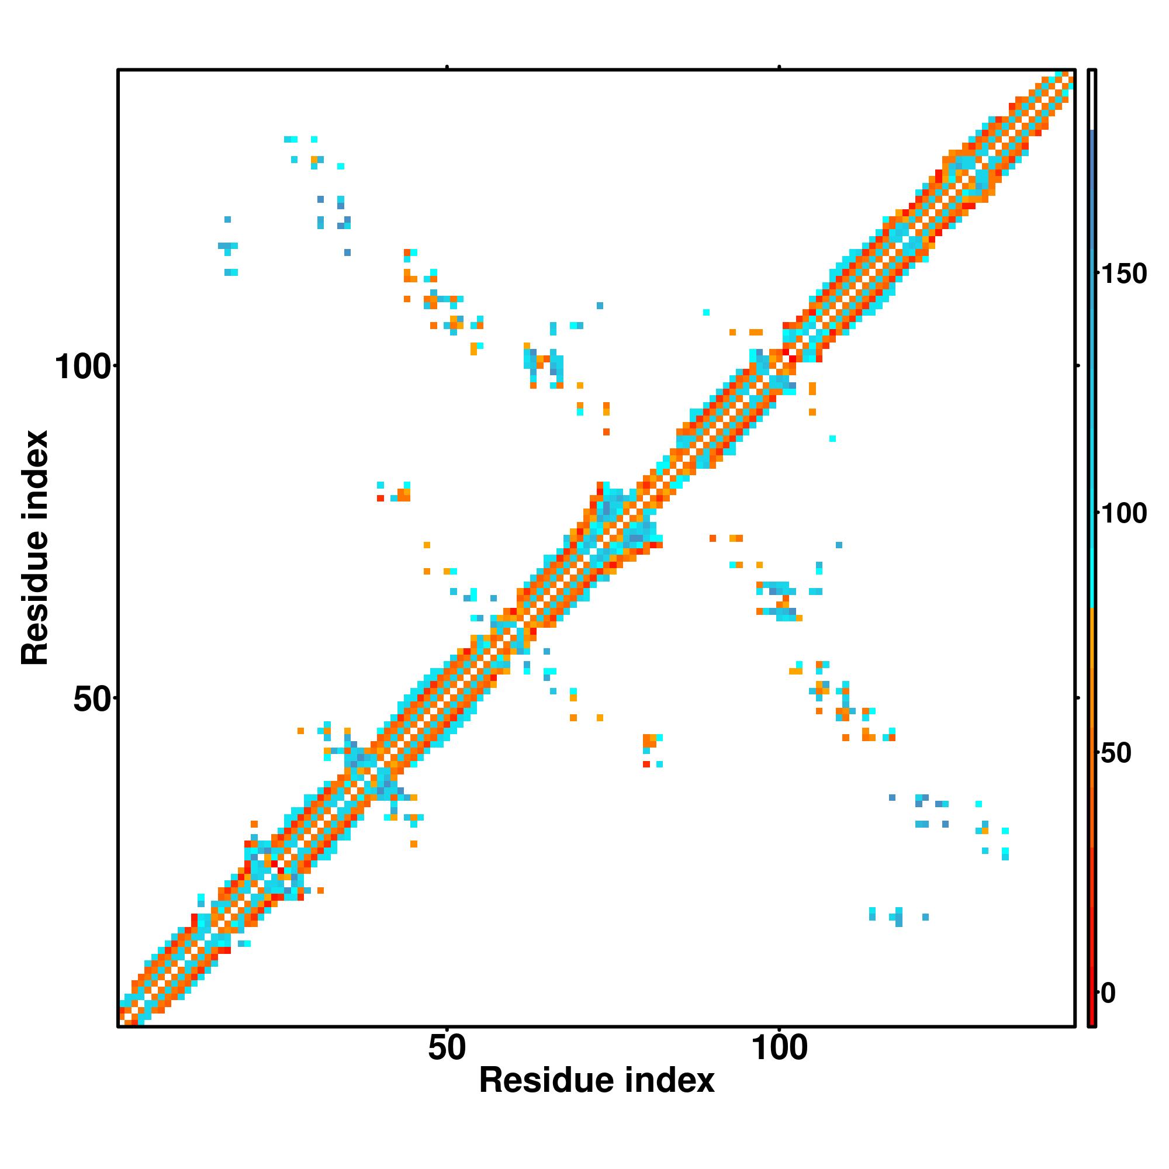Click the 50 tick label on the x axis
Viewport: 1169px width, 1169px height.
tap(447, 1048)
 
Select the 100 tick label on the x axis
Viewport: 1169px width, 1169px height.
tap(779, 1048)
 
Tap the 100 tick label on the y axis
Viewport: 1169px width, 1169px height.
tap(84, 367)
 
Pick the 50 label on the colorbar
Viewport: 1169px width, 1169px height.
tap(1116, 754)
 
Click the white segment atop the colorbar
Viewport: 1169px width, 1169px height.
tap(1092, 100)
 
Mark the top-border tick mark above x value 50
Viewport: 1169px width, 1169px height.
tap(447, 67)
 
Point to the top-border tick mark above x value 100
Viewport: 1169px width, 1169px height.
tap(779, 67)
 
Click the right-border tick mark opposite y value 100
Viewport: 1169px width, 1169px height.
tap(1078, 365)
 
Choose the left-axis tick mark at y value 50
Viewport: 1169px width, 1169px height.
tap(115, 698)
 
